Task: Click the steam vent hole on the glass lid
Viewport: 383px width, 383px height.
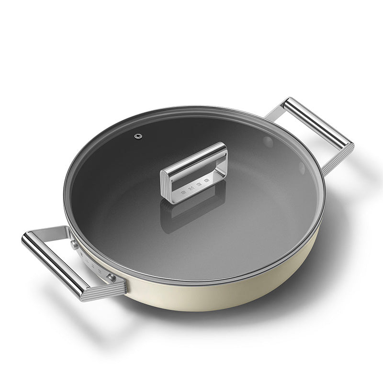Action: pos(138,136)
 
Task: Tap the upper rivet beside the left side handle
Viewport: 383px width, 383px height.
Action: pos(74,244)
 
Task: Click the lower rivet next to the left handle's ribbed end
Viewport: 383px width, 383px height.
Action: pos(111,277)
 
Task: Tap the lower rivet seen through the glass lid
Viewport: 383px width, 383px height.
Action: pos(302,168)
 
